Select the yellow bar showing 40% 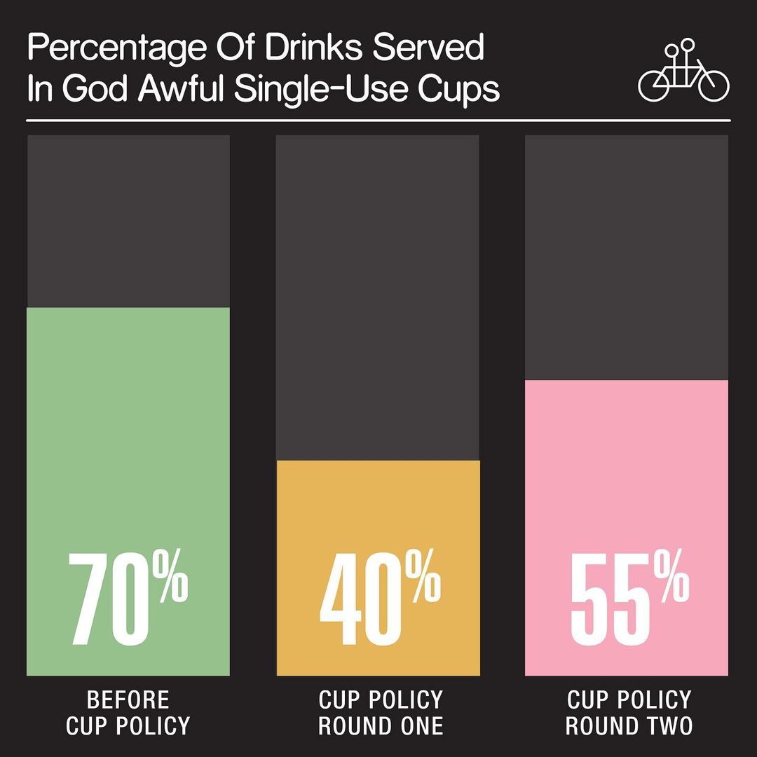[378, 505]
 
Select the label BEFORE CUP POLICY [128, 712]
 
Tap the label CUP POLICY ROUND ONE [381, 712]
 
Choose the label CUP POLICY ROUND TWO [629, 712]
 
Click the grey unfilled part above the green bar [128, 221]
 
